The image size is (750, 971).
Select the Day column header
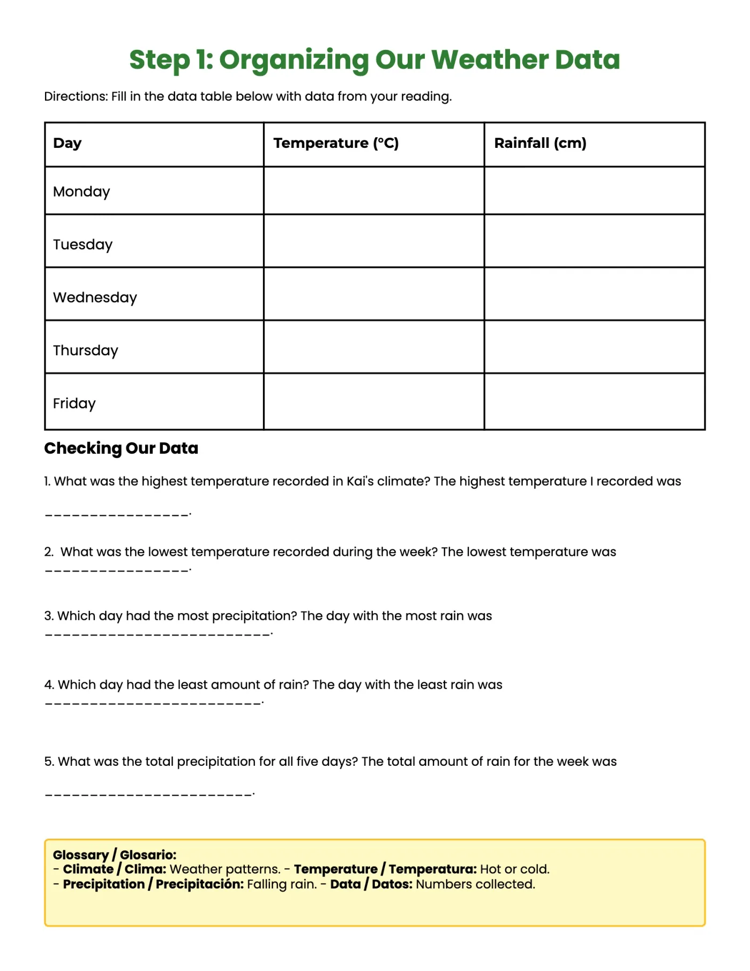click(67, 143)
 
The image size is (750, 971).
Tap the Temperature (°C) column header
click(336, 143)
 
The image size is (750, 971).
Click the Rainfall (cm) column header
click(540, 143)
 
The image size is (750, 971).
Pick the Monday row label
click(81, 192)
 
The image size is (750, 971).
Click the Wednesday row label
click(95, 297)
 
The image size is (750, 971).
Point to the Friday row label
click(74, 404)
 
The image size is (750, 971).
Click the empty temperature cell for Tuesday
click(373, 241)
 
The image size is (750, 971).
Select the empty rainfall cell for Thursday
click(594, 347)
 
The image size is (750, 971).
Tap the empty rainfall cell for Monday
click(594, 191)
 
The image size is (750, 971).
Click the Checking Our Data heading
click(121, 448)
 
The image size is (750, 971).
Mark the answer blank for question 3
click(157, 634)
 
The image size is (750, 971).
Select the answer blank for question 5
click(148, 794)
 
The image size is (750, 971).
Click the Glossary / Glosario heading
click(114, 855)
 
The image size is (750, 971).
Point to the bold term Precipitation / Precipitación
click(153, 884)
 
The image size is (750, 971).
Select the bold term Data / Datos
click(371, 884)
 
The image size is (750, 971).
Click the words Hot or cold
click(514, 869)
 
